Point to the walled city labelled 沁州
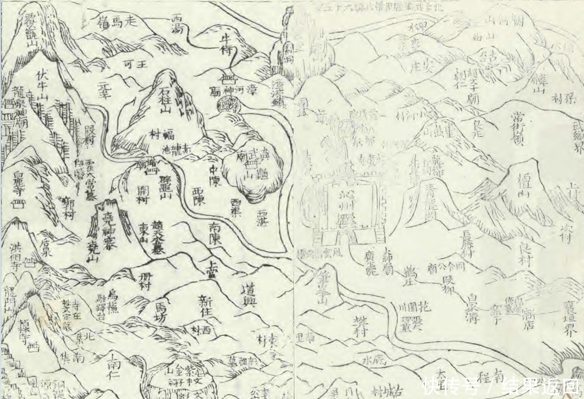(348, 204)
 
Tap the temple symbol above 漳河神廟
(228, 79)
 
